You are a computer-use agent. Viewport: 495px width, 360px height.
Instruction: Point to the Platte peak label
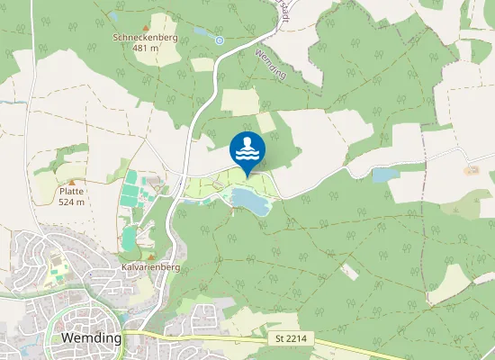(x=72, y=192)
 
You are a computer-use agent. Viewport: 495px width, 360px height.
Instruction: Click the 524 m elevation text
(x=72, y=202)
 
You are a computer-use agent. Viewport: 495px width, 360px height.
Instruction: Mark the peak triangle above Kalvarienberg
(x=150, y=256)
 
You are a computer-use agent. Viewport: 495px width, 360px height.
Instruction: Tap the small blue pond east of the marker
(x=383, y=175)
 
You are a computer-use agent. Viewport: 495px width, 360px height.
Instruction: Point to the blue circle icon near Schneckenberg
(x=220, y=40)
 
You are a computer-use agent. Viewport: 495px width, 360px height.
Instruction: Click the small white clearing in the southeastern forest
(x=349, y=270)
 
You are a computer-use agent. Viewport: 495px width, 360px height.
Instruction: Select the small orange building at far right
(x=471, y=170)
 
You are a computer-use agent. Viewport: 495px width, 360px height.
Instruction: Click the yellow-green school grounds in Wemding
(x=58, y=265)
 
